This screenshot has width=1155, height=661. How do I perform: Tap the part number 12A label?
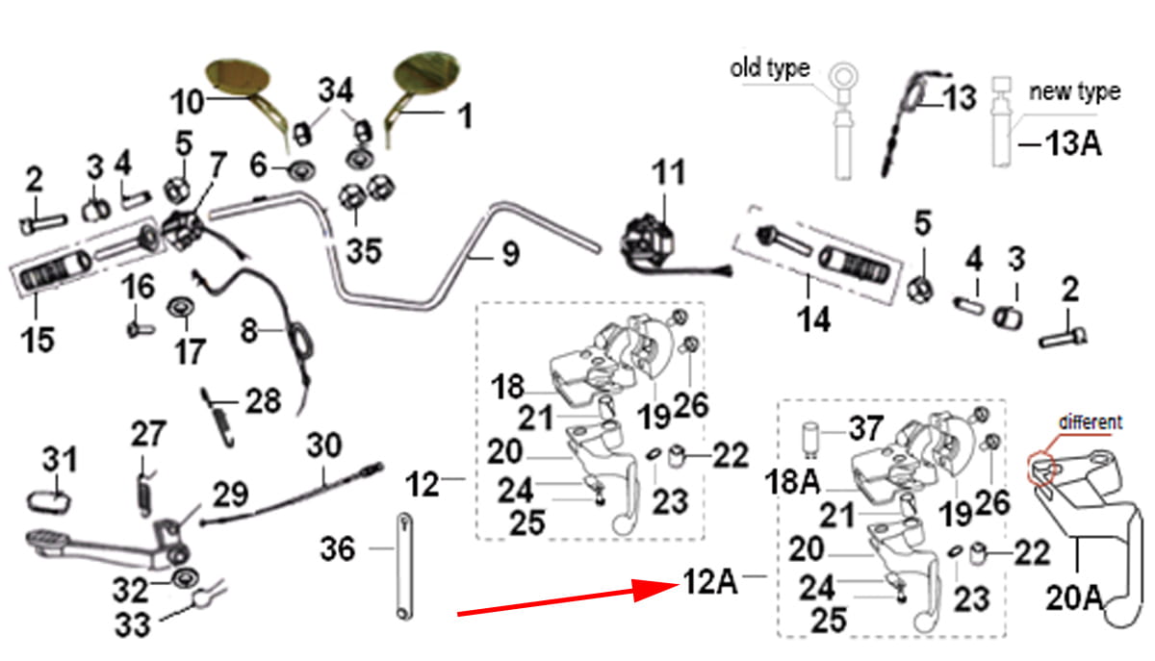[711, 581]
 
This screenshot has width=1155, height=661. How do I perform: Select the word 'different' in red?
[1091, 421]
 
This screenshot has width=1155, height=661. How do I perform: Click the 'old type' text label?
[770, 68]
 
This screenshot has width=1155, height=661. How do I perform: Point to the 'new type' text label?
[1075, 91]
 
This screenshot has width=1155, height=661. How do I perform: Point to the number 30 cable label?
[324, 446]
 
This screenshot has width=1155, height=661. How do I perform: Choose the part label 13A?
[1073, 144]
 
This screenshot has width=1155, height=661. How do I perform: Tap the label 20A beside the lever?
[1074, 597]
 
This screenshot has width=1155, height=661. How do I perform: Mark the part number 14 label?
[815, 319]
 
